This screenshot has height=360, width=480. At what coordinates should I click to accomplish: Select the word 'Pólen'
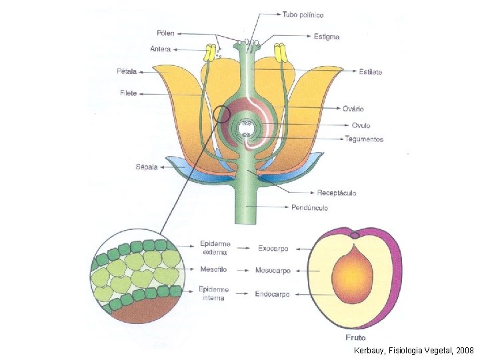[x=165, y=33]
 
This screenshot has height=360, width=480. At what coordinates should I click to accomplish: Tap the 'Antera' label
[x=161, y=49]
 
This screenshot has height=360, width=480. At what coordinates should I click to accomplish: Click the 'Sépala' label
[x=147, y=167]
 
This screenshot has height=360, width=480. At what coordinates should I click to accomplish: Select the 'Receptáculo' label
[x=337, y=193]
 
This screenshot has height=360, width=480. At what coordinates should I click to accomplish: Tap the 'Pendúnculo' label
[x=309, y=208]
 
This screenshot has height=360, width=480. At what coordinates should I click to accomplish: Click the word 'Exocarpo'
[x=273, y=249]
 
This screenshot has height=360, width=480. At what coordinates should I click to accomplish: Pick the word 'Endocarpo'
[x=273, y=293]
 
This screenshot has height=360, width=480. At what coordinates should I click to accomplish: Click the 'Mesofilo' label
[x=214, y=271]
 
